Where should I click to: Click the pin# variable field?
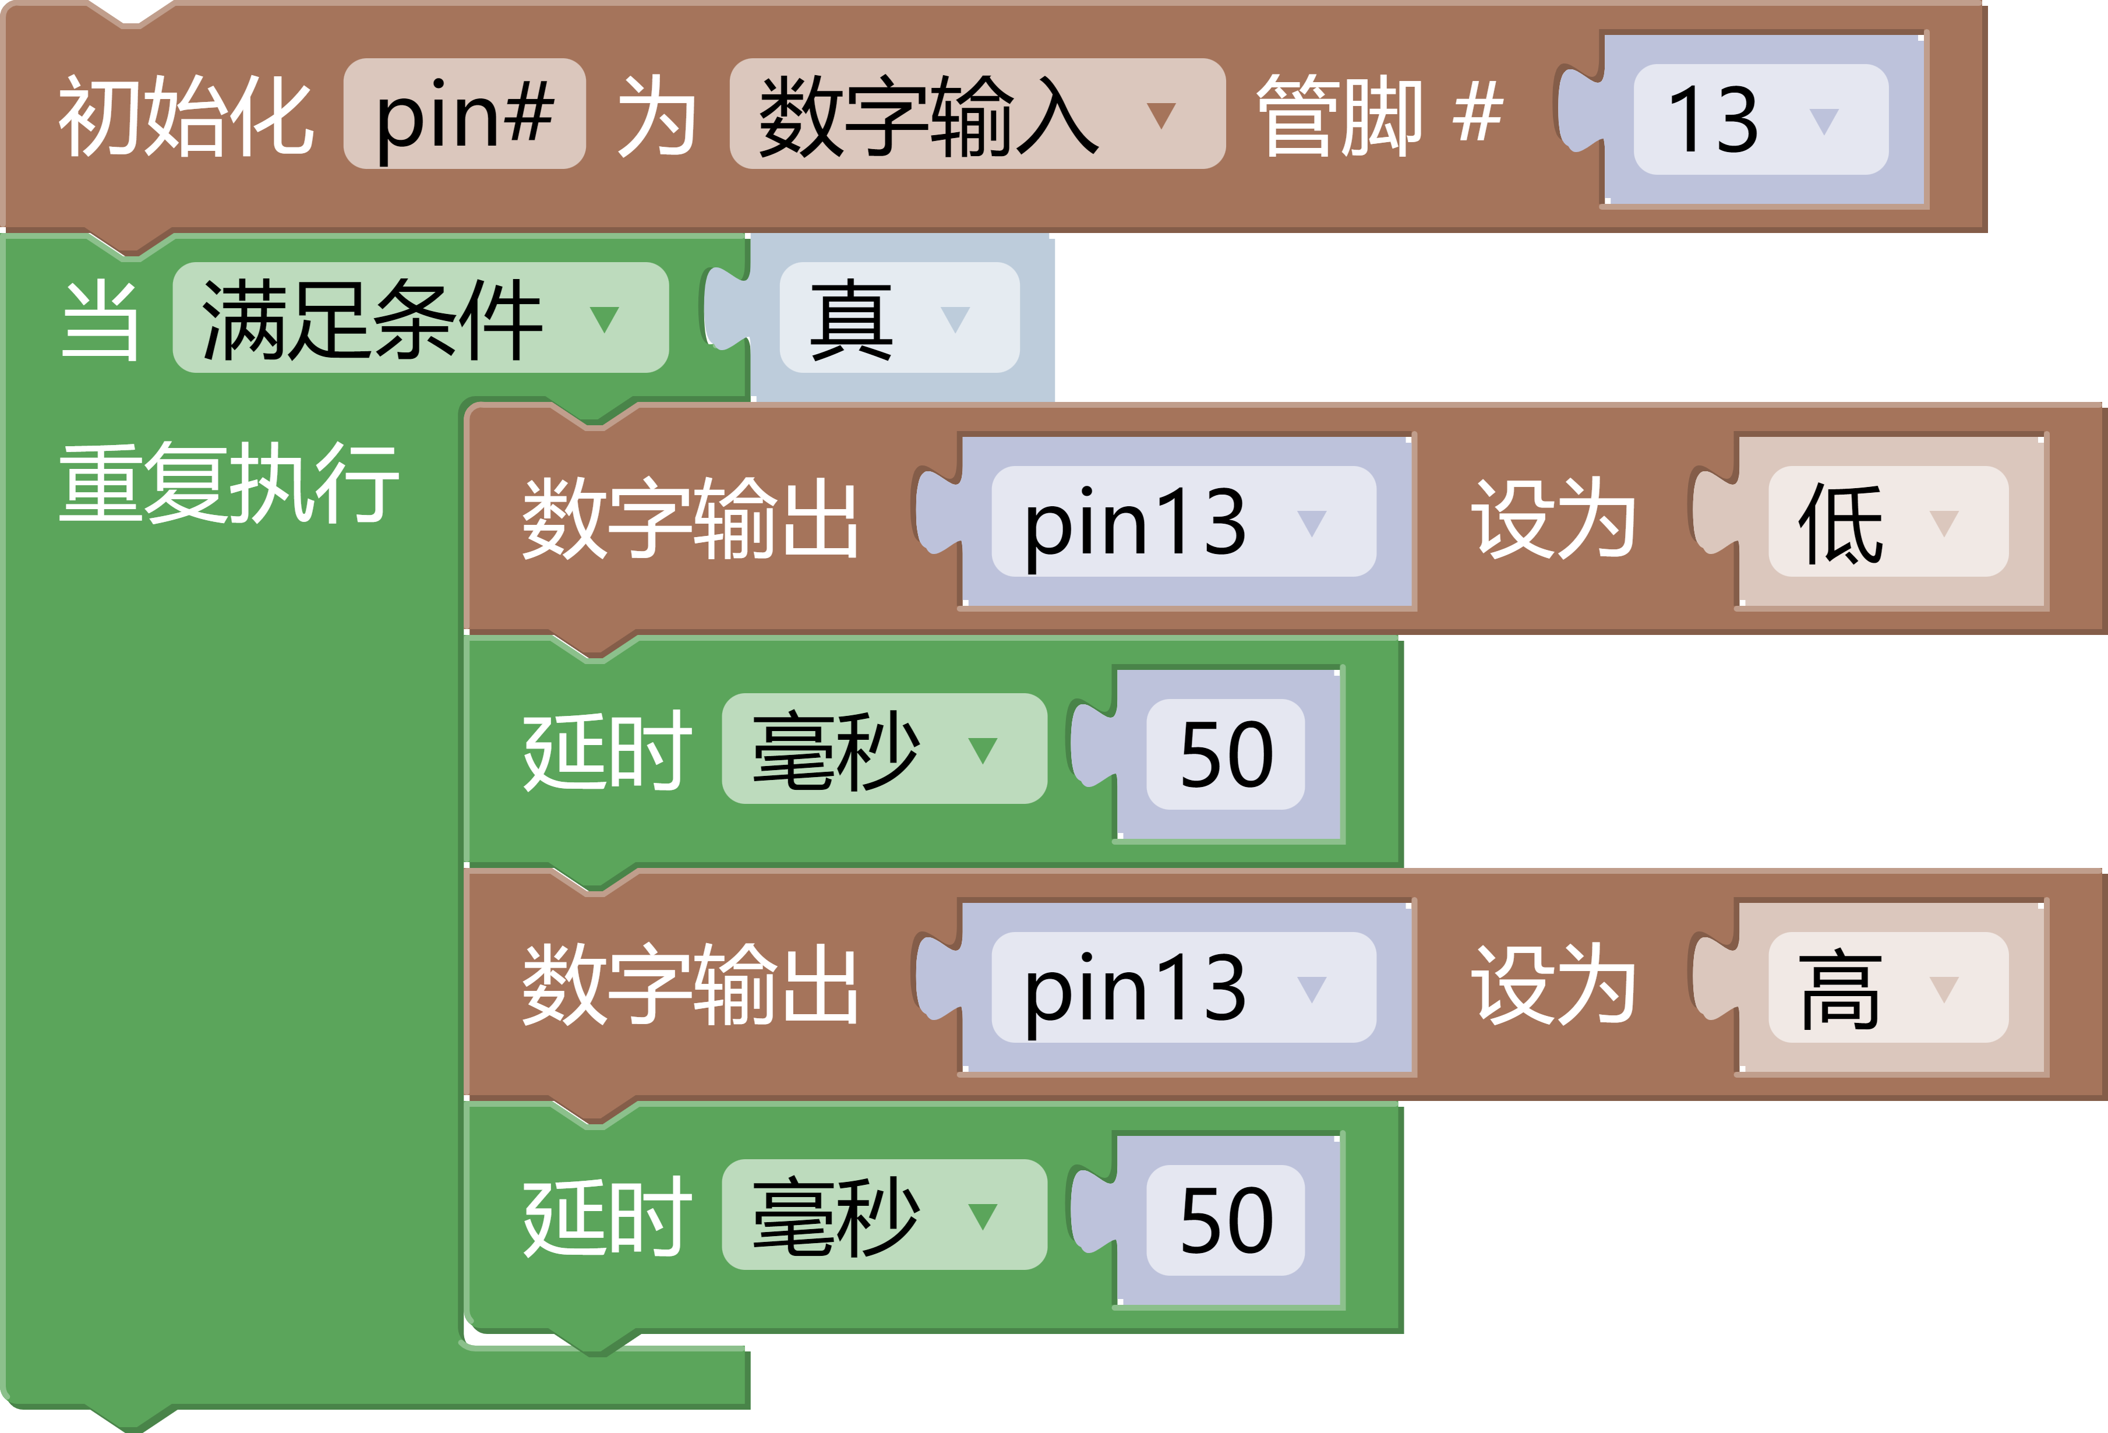pos(464,114)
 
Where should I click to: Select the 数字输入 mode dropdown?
pos(976,114)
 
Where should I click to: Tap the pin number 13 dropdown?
pos(1760,119)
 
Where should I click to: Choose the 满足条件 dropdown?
pos(420,317)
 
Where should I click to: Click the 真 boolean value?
pos(898,318)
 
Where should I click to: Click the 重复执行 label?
pos(228,483)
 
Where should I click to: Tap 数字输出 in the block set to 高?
pos(689,985)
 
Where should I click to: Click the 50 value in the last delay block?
pos(1226,1219)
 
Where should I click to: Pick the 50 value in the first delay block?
pos(1226,754)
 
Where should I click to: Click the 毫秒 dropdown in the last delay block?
pos(884,1215)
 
